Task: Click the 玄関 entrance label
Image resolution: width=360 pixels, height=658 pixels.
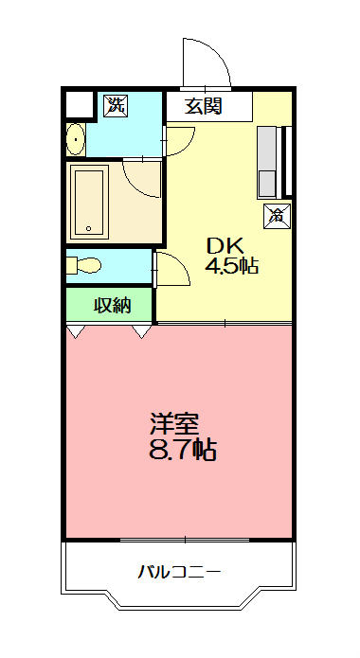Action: pyautogui.click(x=203, y=107)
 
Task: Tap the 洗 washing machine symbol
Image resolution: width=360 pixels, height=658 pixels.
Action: pyautogui.click(x=115, y=105)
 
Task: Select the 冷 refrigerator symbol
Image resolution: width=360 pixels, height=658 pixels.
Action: pyautogui.click(x=277, y=216)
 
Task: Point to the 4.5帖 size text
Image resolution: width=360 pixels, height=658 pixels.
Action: pyautogui.click(x=232, y=266)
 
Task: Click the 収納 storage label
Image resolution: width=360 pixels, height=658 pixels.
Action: pyautogui.click(x=111, y=305)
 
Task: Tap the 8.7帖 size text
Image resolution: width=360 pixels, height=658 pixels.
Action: pyautogui.click(x=183, y=449)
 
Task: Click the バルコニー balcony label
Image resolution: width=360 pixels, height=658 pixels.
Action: pyautogui.click(x=179, y=572)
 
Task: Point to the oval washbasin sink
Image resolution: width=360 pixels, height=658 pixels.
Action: pyautogui.click(x=76, y=141)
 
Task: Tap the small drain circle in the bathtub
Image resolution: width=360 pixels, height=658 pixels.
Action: pyautogui.click(x=88, y=228)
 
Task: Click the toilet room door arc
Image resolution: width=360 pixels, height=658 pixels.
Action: pyautogui.click(x=170, y=268)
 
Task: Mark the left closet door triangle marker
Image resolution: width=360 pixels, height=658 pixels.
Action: pyautogui.click(x=74, y=330)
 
